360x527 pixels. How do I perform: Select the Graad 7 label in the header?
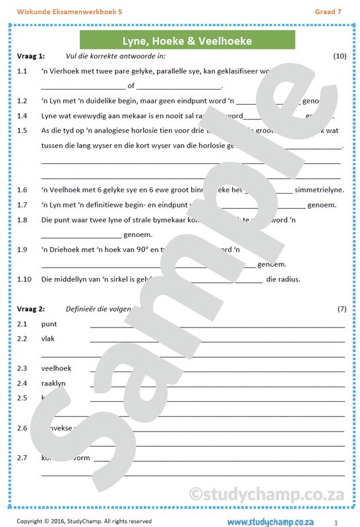pos(328,11)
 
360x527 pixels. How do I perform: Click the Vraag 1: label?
pos(30,56)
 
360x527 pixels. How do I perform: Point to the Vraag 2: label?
pos(30,309)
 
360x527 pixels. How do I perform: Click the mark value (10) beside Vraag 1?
pos(340,56)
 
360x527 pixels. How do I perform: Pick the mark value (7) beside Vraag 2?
pos(342,309)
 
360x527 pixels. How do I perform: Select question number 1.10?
pos(24,279)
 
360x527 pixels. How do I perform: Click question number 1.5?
pos(22,130)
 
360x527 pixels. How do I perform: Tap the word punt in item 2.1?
pos(49,324)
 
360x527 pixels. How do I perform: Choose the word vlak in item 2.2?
pos(48,339)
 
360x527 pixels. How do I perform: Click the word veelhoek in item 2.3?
pos(56,368)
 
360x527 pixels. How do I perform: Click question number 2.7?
pos(22,458)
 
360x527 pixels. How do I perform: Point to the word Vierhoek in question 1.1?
pos(65,71)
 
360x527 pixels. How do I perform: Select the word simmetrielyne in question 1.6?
pos(320,190)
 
